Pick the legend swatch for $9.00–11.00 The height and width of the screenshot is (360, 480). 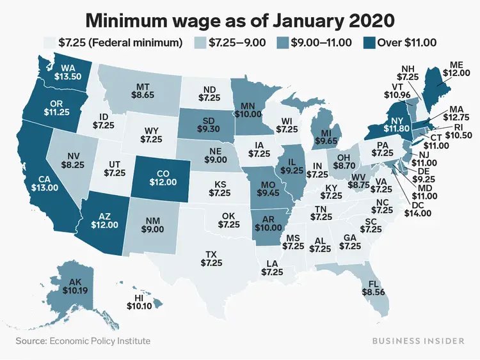281,43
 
